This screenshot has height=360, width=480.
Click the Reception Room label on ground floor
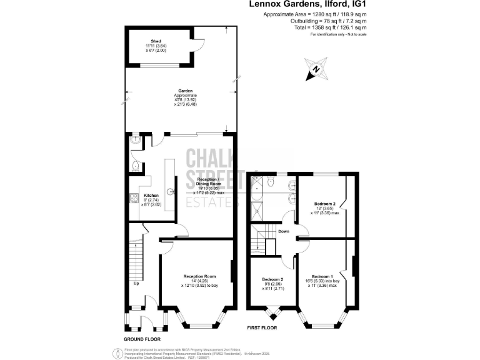pyautogui.click(x=199, y=276)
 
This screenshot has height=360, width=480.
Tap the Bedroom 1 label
pyautogui.click(x=322, y=276)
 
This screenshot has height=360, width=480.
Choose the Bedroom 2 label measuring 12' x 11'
pyautogui.click(x=325, y=204)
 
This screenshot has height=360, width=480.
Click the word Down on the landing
pyautogui.click(x=283, y=231)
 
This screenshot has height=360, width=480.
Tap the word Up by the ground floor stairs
pyautogui.click(x=136, y=283)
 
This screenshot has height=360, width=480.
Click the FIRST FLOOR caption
pyautogui.click(x=262, y=328)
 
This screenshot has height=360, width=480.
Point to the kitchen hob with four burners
pyautogui.click(x=132, y=199)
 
